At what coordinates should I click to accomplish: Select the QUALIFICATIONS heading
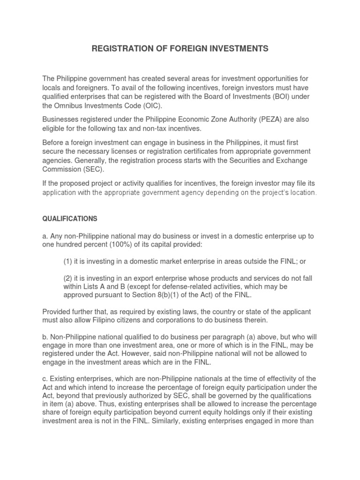(70, 219)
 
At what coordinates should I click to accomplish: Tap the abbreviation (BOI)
(267, 96)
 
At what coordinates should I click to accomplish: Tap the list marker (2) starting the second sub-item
(69, 278)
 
